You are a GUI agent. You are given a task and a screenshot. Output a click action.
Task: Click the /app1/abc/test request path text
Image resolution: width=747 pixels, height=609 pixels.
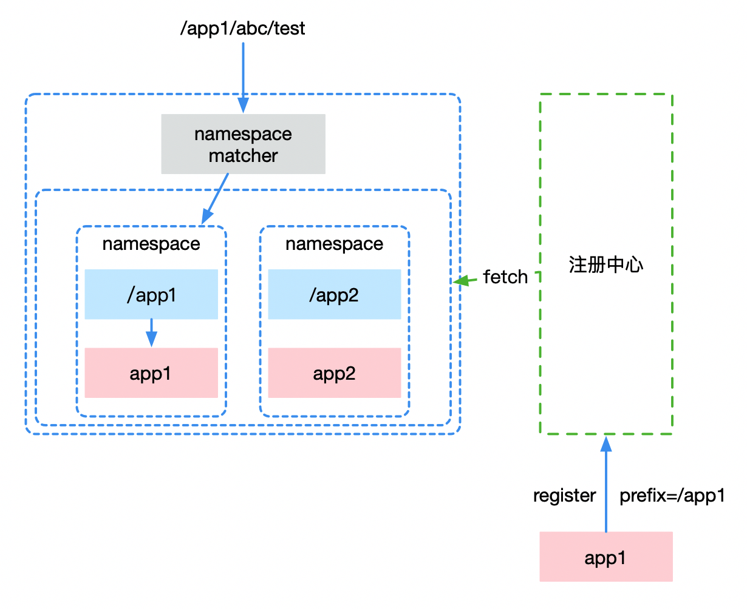point(242,29)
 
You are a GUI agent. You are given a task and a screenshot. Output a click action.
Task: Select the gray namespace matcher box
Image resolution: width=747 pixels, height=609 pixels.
point(243,144)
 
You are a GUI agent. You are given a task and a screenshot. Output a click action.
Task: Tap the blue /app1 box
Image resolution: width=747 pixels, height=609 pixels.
point(151,294)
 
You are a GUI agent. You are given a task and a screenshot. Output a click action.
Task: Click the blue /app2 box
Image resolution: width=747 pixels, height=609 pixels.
point(334,294)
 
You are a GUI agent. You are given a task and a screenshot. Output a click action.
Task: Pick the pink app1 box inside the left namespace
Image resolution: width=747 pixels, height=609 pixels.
point(151,373)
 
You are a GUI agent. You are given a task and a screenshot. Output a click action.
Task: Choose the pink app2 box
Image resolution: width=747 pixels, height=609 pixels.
point(334,373)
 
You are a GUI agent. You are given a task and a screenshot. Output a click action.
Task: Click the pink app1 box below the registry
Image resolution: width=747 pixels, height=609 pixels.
point(605,557)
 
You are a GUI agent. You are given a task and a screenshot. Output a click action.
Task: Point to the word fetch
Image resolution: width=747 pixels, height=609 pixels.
point(505,277)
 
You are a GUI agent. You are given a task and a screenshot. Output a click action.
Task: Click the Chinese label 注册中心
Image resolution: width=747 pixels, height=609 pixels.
point(605,265)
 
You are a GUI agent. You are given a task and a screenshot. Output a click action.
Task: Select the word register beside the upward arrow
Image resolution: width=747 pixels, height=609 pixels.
point(564,496)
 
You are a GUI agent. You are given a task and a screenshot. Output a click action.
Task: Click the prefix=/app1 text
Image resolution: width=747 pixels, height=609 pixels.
point(672,496)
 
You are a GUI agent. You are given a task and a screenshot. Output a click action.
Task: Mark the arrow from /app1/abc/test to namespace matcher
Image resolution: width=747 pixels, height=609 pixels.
point(243,73)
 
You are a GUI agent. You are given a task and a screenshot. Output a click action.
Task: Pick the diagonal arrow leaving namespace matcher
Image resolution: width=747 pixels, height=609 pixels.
point(217,197)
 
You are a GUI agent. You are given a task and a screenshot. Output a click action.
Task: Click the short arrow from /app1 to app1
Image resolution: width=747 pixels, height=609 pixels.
point(151,332)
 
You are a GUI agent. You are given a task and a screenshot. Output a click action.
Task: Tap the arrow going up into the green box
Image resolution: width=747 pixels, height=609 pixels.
point(605,485)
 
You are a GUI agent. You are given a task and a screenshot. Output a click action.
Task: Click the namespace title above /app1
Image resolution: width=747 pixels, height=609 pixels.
point(151,244)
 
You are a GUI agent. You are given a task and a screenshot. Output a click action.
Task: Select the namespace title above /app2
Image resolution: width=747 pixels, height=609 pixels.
point(334,244)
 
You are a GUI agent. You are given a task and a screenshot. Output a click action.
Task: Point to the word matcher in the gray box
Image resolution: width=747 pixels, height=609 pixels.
point(243,156)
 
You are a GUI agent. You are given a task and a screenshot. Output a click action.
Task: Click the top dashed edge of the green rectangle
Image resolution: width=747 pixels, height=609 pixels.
point(605,94)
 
